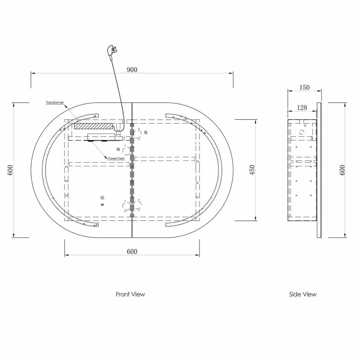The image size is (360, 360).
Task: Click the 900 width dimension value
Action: coord(132,70)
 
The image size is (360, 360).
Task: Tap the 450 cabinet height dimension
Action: coord(252,170)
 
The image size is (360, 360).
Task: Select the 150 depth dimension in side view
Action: coord(304,87)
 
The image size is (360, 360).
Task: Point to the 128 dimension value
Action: coord(302,108)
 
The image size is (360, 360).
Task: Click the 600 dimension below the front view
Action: coord(132,251)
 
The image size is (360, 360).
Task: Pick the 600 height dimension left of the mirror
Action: coord(10,170)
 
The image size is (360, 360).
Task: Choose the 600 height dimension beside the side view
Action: coord(342,170)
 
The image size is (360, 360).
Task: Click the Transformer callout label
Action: coord(54,102)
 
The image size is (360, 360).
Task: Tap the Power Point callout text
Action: coord(116,158)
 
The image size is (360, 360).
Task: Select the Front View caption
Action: coord(130,294)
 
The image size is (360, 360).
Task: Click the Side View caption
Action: coord(303,294)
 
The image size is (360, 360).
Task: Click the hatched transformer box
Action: coord(93,126)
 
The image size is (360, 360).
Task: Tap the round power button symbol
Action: coord(102,198)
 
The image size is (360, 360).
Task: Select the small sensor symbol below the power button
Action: coord(102,205)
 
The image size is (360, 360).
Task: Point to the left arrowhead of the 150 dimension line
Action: coord(290,91)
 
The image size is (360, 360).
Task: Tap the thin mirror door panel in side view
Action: coord(319,170)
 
